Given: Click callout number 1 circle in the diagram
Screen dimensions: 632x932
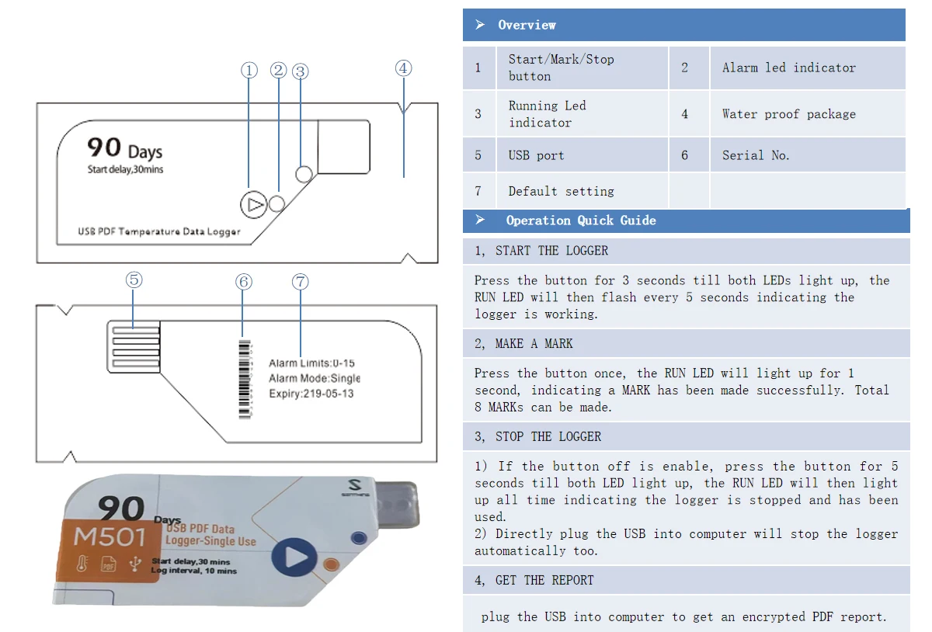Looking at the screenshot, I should [249, 71].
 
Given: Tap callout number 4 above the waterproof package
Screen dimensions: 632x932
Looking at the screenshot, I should [402, 68].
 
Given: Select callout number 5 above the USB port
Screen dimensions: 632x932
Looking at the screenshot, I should [134, 280].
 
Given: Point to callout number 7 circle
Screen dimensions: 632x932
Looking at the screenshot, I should [301, 281].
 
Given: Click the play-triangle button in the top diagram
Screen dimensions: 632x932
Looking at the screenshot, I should [253, 205].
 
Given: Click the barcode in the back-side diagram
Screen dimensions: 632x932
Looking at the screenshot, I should [245, 378].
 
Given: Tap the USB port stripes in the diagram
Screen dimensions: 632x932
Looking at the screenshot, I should [135, 346].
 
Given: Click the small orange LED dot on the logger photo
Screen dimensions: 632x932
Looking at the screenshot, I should [332, 564].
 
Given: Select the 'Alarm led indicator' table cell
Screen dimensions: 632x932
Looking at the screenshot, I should [788, 68].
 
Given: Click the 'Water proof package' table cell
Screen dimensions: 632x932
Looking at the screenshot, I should [788, 114].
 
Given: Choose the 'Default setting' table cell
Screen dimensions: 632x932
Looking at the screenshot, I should [561, 191].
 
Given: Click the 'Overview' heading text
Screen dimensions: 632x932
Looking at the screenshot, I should [527, 25].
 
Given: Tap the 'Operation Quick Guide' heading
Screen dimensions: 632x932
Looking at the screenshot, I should [580, 221].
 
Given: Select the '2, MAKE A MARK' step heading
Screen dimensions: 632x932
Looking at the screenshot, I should [523, 343].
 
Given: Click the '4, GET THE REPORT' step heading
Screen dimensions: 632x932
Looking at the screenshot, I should [534, 580].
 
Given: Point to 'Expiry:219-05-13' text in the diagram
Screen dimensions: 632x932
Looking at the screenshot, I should [311, 394].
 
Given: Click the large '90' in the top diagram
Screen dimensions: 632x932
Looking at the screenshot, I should [103, 147].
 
